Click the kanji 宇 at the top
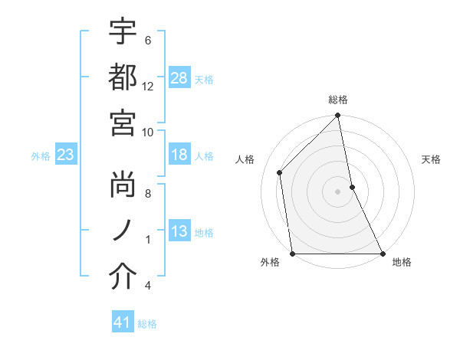[x=123, y=32]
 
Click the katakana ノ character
[x=123, y=232]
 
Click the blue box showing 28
[x=179, y=77]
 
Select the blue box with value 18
[x=179, y=155]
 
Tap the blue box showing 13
[x=179, y=231]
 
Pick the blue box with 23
[x=65, y=155]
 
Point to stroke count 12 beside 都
[x=148, y=87]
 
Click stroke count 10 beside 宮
[x=148, y=131]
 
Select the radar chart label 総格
[x=338, y=100]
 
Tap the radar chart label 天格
[x=432, y=159]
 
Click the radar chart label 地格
[x=402, y=263]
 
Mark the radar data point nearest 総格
[x=338, y=116]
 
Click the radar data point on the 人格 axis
[x=280, y=172]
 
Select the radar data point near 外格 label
[x=293, y=254]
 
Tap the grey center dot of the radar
[x=338, y=191]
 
